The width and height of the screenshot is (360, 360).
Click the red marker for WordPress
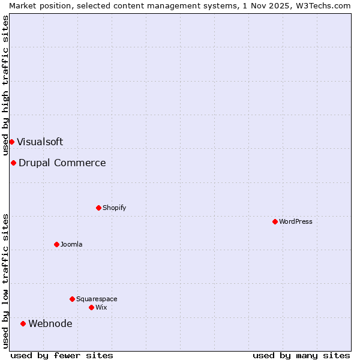click(x=275, y=221)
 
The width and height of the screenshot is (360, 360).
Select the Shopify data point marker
click(x=98, y=208)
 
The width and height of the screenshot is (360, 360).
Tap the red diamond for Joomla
click(x=56, y=244)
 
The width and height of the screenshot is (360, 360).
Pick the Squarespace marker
click(x=72, y=299)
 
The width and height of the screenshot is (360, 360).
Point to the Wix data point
click(x=91, y=307)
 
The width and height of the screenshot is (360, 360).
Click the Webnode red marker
click(x=23, y=323)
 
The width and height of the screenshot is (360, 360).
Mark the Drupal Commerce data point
click(x=13, y=163)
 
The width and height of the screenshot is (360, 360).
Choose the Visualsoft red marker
click(x=11, y=142)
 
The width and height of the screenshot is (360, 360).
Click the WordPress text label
click(x=296, y=221)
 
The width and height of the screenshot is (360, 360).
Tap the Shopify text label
click(x=114, y=208)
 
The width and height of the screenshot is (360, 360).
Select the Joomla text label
click(x=71, y=244)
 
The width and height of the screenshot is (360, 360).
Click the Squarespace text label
click(x=97, y=299)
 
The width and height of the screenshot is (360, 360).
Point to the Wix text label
click(x=101, y=307)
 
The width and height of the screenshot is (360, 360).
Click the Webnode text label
click(x=50, y=324)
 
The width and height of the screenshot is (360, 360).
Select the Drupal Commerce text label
click(x=62, y=163)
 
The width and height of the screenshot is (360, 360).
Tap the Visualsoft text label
click(x=40, y=142)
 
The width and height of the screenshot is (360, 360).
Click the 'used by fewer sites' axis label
click(x=61, y=355)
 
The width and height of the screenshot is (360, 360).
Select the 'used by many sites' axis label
click(x=301, y=355)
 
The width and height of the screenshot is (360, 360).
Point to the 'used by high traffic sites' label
click(x=5, y=86)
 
